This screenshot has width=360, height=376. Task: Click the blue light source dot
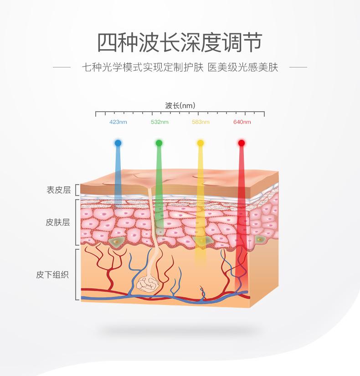[x=118, y=143]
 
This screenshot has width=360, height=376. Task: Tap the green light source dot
[x=159, y=143]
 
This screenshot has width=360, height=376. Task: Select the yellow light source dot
[x=200, y=143]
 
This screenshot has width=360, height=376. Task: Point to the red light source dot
[x=241, y=143]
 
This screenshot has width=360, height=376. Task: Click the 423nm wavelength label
[x=118, y=122]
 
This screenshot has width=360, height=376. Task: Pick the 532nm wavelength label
[x=159, y=122]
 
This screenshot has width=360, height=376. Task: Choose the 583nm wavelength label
[x=201, y=122]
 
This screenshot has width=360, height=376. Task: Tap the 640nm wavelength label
[x=242, y=122]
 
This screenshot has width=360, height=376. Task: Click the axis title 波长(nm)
[x=180, y=106]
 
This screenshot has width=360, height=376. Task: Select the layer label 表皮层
[x=58, y=190]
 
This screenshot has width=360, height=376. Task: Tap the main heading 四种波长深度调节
[x=180, y=43]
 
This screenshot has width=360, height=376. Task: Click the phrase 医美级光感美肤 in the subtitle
[x=243, y=68]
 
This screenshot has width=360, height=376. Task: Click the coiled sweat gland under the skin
[x=148, y=284]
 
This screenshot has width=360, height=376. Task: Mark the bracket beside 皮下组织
[x=77, y=274]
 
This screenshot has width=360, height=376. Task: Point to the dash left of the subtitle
[x=62, y=68]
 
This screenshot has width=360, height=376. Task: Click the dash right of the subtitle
[x=298, y=68]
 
